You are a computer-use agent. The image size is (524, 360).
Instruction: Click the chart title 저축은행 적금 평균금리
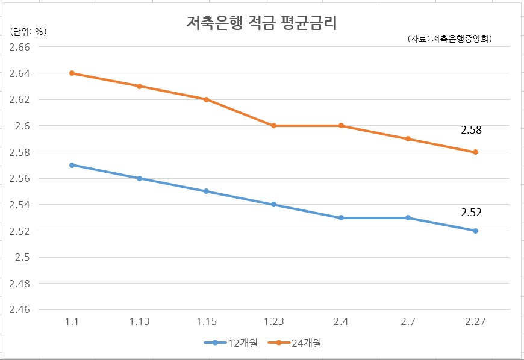pyautogui.click(x=261, y=23)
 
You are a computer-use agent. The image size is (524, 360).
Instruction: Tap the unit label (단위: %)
pyautogui.click(x=28, y=31)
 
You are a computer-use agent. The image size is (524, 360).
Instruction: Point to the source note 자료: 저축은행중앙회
pyautogui.click(x=450, y=39)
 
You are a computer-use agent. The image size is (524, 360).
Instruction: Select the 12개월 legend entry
pyautogui.click(x=231, y=343)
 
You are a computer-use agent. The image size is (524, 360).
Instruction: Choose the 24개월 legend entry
pyautogui.click(x=295, y=343)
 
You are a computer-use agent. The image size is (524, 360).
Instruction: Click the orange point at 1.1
pyautogui.click(x=72, y=73)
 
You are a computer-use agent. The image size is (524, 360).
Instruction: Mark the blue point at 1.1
pyautogui.click(x=72, y=165)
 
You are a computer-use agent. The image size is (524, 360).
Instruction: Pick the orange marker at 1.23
pyautogui.click(x=273, y=126)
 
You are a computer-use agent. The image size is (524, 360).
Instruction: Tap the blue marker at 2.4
pyautogui.click(x=341, y=218)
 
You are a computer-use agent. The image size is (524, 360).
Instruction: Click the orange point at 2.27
pyautogui.click(x=475, y=152)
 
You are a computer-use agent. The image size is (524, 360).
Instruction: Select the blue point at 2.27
pyautogui.click(x=475, y=231)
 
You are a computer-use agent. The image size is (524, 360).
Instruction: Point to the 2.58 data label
pyautogui.click(x=471, y=130)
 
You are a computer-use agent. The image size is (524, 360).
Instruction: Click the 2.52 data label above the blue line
pyautogui.click(x=471, y=213)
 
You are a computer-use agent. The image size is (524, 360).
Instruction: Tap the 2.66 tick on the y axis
pyautogui.click(x=19, y=47)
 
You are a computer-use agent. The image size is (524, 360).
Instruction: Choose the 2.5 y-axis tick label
pyautogui.click(x=22, y=257)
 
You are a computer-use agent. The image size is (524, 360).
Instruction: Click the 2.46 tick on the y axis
pyautogui.click(x=19, y=309)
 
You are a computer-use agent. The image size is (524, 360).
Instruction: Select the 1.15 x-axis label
pyautogui.click(x=206, y=321)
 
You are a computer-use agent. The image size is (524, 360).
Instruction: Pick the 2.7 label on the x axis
pyautogui.click(x=408, y=321)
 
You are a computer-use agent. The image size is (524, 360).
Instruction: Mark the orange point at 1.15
pyautogui.click(x=206, y=99)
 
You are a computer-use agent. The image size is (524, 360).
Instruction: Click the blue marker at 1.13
pyautogui.click(x=139, y=178)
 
